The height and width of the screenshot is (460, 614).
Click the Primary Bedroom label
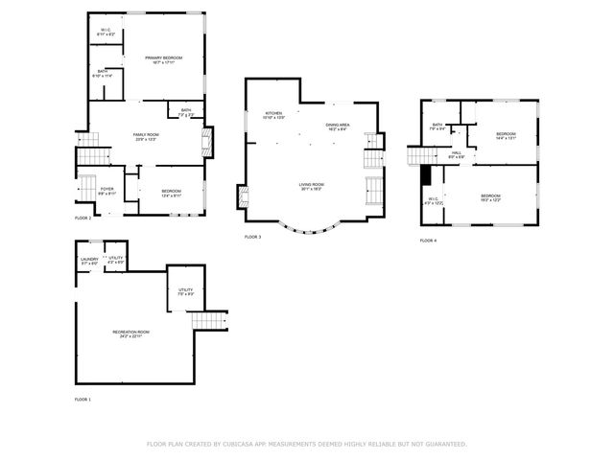point(163,59)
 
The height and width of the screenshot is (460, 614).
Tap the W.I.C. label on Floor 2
point(106,32)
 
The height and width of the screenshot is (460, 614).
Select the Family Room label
point(146,136)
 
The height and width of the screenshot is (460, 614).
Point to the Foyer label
point(107,191)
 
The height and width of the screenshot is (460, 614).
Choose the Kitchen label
point(274,115)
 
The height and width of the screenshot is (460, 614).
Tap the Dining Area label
point(337,126)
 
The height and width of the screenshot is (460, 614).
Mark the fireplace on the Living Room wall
point(244,199)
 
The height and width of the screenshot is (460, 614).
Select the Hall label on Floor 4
point(457,153)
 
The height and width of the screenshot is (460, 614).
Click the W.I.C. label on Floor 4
point(432,200)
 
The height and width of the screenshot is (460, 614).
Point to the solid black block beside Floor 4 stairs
point(425,175)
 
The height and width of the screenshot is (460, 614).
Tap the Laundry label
point(89,260)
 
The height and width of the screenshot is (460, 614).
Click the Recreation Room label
point(130,333)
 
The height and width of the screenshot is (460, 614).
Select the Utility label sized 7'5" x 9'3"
point(185,290)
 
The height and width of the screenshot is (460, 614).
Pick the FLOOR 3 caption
point(252,237)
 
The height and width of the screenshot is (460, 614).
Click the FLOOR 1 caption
point(83,399)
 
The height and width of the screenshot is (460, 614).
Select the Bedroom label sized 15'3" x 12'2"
point(491,198)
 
